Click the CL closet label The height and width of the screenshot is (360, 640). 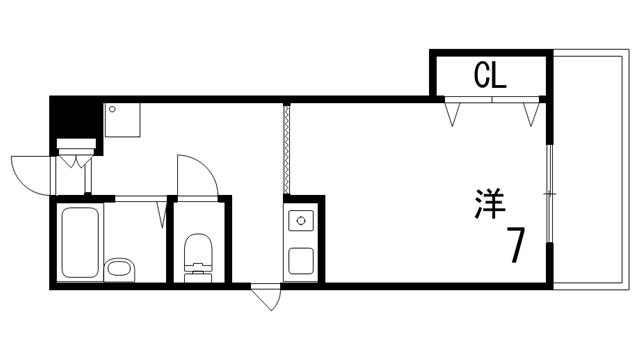(490, 75)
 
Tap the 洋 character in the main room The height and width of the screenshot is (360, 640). (489, 204)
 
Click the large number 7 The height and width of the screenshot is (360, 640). (516, 246)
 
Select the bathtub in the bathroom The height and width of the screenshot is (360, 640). (78, 243)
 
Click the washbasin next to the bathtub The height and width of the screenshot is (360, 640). (120, 268)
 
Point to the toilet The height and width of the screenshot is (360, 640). (198, 254)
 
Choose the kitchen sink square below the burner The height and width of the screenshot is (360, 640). (301, 259)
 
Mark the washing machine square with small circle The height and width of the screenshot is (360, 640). (124, 118)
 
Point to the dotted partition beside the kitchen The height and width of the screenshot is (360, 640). (286, 150)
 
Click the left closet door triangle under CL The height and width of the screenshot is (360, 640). (455, 114)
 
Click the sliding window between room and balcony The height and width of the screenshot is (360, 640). (549, 190)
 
